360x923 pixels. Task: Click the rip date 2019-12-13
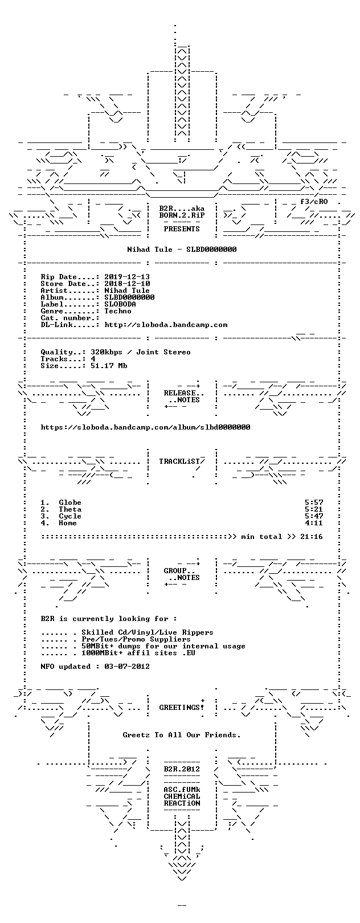tap(127, 277)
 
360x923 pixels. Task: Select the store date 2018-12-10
tap(127, 284)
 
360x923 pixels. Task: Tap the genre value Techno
tap(118, 311)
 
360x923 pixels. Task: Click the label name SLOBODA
tap(120, 304)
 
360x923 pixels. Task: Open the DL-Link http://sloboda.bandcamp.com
tap(166, 325)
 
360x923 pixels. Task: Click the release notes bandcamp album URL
tap(145, 427)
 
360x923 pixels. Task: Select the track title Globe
tap(70, 503)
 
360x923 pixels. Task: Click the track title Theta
tap(70, 510)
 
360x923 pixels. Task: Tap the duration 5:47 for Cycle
tap(314, 516)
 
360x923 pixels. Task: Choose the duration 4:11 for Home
tap(314, 523)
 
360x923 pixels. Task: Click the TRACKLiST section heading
tap(179, 461)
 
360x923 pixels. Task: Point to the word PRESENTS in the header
tap(182, 229)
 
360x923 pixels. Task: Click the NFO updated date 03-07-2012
tap(127, 667)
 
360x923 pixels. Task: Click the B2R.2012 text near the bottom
tap(182, 769)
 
